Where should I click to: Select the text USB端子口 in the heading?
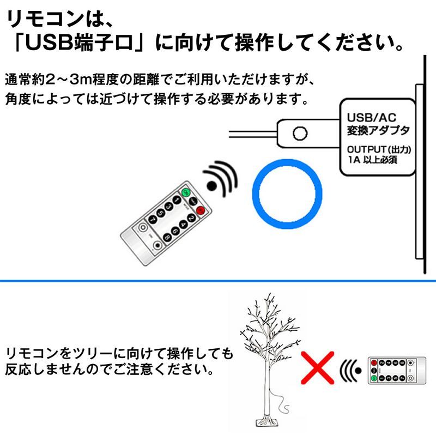(78, 43)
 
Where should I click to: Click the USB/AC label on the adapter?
(372, 118)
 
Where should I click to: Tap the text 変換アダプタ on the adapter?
(378, 130)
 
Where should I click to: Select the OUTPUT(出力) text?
(379, 149)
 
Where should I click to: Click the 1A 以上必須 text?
(373, 160)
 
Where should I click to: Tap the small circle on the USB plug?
(300, 133)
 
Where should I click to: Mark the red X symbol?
(318, 367)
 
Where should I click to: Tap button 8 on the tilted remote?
(167, 238)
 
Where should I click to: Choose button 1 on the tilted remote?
(177, 199)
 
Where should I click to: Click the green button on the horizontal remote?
(374, 378)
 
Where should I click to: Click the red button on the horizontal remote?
(374, 363)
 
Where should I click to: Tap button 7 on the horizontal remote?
(402, 378)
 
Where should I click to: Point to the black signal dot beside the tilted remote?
(212, 186)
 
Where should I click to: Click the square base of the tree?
(268, 422)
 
